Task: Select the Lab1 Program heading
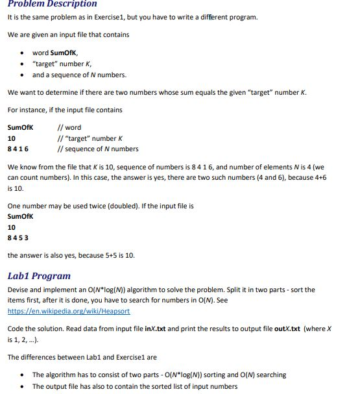click(39, 276)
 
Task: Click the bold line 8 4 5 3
click(18, 238)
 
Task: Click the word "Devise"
click(18, 289)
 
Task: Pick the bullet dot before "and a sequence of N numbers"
click(24, 75)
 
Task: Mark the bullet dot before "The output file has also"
click(24, 386)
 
